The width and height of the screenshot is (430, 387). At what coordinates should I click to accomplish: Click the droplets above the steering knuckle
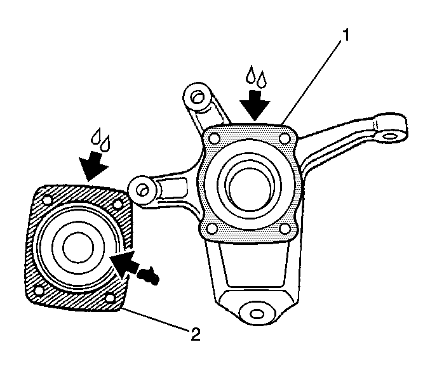(x=258, y=77)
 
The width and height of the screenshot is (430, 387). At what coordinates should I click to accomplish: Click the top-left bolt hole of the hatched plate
(x=44, y=202)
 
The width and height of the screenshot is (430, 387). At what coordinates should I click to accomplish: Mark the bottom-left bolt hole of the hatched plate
(x=39, y=291)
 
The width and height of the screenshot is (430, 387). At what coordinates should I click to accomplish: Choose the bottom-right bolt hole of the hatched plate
(x=112, y=298)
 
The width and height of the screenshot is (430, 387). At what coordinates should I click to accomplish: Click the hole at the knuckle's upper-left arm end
(x=197, y=97)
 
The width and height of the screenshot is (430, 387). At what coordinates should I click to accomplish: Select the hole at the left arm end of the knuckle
(x=142, y=188)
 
